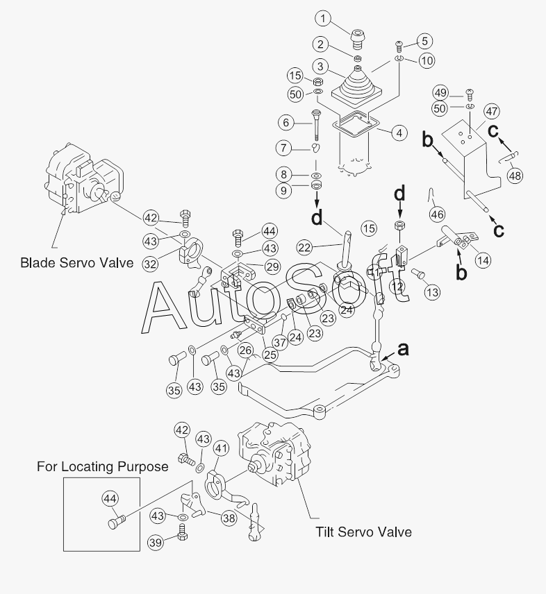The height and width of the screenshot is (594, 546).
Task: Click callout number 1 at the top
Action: pos(323,19)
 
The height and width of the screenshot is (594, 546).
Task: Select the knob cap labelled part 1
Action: pos(358,39)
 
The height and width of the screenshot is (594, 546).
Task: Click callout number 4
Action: pos(399,133)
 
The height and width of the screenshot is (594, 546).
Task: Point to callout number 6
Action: pos(286,122)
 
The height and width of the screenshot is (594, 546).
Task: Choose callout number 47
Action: pos(491,111)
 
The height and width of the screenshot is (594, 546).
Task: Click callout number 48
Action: pos(515,176)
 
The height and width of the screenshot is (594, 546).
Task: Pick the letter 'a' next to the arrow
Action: pos(403,349)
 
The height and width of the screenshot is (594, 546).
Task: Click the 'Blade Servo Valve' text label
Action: pos(76,262)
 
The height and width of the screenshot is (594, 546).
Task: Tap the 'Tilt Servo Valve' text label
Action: pos(363,532)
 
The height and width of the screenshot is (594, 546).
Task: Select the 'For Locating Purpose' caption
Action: pos(102,466)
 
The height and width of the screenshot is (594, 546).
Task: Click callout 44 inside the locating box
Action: pos(110,499)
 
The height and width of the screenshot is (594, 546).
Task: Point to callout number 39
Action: pos(156,543)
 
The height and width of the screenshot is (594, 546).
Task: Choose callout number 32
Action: pos(151,264)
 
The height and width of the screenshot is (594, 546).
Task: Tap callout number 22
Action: pos(304,247)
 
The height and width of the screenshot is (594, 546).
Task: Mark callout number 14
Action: pos(483,260)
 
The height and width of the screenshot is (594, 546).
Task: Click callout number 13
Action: pos(432,292)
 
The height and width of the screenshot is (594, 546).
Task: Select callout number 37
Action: pos(280,343)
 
